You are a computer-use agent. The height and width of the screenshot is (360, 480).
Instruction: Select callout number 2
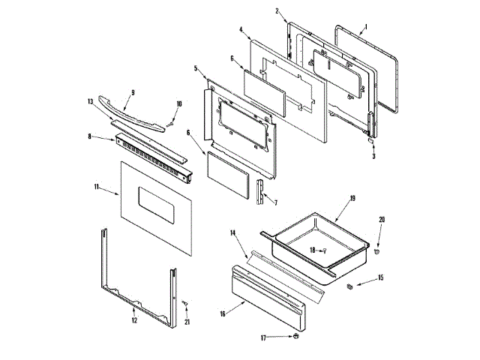[x=277, y=10]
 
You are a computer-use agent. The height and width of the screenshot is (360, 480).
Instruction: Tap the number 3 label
[x=373, y=157]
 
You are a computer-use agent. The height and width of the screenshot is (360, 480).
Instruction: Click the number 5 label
[x=195, y=68]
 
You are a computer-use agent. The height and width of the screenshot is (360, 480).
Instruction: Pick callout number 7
[x=275, y=203]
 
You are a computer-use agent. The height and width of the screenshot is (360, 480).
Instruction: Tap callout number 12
[x=134, y=320]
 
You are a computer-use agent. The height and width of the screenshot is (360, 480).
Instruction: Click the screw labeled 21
[x=185, y=303]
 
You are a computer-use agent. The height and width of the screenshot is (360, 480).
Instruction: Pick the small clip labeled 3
[x=371, y=139]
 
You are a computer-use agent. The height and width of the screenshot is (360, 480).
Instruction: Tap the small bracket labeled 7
[x=259, y=191]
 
